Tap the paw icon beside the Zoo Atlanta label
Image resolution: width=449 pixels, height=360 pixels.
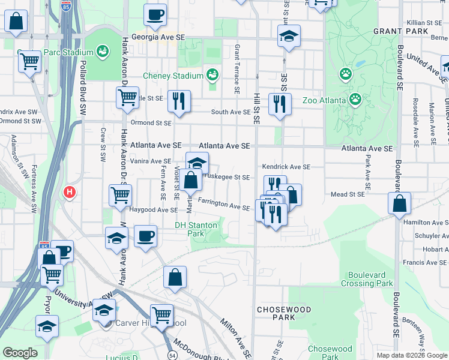point(355,98)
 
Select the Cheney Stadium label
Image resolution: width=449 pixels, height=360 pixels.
point(173,76)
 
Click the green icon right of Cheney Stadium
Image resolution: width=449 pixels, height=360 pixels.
point(211,75)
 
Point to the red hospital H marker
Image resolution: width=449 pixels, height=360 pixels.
point(70,193)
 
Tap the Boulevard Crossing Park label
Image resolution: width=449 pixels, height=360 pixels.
point(367,279)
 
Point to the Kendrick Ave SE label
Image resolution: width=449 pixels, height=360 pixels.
point(286,167)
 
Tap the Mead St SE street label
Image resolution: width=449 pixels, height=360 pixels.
point(348,194)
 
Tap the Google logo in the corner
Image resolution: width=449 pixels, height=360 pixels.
point(20,353)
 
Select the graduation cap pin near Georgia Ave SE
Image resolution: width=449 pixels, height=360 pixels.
point(289,36)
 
